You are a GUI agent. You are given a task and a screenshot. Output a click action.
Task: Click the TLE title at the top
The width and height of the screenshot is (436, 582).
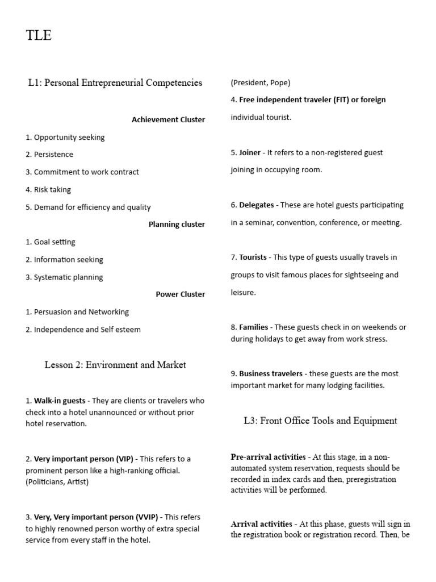tap(39, 35)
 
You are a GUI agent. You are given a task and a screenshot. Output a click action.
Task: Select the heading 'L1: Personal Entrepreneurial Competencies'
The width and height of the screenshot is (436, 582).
tap(115, 83)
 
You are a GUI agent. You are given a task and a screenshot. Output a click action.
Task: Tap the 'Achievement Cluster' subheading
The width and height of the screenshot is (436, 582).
tap(168, 119)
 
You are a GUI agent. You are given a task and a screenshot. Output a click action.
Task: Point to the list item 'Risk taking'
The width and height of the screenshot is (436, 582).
tap(52, 189)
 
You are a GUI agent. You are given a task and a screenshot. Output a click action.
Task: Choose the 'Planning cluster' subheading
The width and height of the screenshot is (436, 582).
tap(177, 224)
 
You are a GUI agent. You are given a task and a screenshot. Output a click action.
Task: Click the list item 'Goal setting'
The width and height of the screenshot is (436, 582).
tap(54, 242)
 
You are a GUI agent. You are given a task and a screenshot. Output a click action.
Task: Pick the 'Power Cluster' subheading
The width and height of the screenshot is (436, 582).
tap(181, 294)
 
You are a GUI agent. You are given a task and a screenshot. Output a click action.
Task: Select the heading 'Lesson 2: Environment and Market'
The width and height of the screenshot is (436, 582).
tap(115, 365)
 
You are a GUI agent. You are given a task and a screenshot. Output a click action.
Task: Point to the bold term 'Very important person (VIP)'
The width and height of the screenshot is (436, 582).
tap(83, 459)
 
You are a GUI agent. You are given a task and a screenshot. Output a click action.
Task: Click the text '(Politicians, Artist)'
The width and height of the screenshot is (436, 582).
tap(57, 482)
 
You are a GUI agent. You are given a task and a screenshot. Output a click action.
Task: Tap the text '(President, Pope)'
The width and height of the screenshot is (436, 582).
tap(261, 82)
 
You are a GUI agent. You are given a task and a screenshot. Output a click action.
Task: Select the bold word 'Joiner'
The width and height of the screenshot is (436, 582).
tap(250, 152)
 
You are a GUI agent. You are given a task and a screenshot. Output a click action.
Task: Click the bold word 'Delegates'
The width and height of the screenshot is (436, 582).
tap(256, 205)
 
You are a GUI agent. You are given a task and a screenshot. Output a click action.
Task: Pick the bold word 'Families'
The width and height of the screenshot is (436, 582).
tap(254, 327)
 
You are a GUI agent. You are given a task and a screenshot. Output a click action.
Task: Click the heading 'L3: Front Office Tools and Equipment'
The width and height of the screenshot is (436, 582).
tap(320, 421)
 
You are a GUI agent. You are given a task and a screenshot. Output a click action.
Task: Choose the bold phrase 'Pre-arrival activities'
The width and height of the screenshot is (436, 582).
tap(269, 457)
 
